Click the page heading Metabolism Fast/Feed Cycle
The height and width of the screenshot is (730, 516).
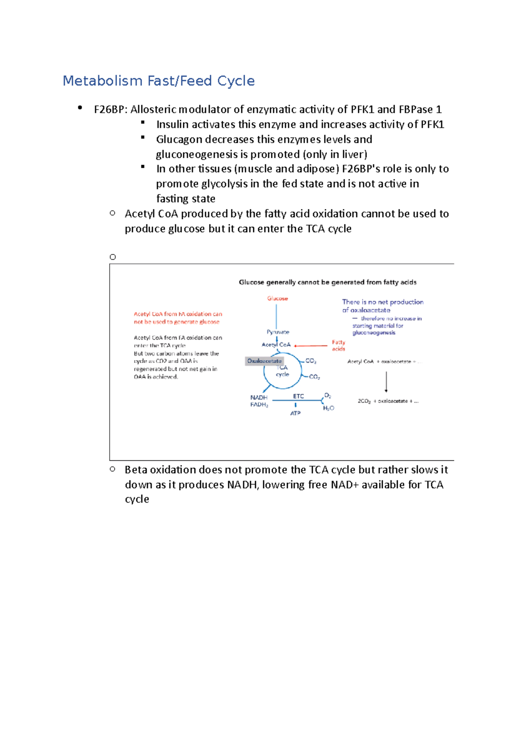(159, 81)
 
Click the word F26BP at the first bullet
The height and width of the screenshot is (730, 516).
(109, 110)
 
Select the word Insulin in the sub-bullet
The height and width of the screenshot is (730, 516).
(172, 125)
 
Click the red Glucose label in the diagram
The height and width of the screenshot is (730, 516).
(277, 298)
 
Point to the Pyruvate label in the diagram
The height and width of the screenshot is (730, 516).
(278, 332)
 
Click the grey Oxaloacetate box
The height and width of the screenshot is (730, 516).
(264, 361)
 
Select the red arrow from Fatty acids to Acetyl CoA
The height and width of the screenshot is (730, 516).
(311, 346)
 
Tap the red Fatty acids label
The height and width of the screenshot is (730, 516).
(338, 346)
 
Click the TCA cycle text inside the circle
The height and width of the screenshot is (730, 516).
(282, 371)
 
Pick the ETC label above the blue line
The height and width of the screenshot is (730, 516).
(298, 396)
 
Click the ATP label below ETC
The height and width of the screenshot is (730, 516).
(295, 413)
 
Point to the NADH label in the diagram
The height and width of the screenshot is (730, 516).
(259, 398)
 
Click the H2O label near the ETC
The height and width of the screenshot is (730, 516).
(329, 408)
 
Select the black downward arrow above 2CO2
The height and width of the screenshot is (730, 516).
(386, 382)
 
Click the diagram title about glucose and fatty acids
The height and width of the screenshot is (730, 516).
(327, 282)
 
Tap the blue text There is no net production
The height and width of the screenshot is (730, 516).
(383, 302)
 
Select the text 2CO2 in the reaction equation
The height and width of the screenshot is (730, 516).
(364, 401)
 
